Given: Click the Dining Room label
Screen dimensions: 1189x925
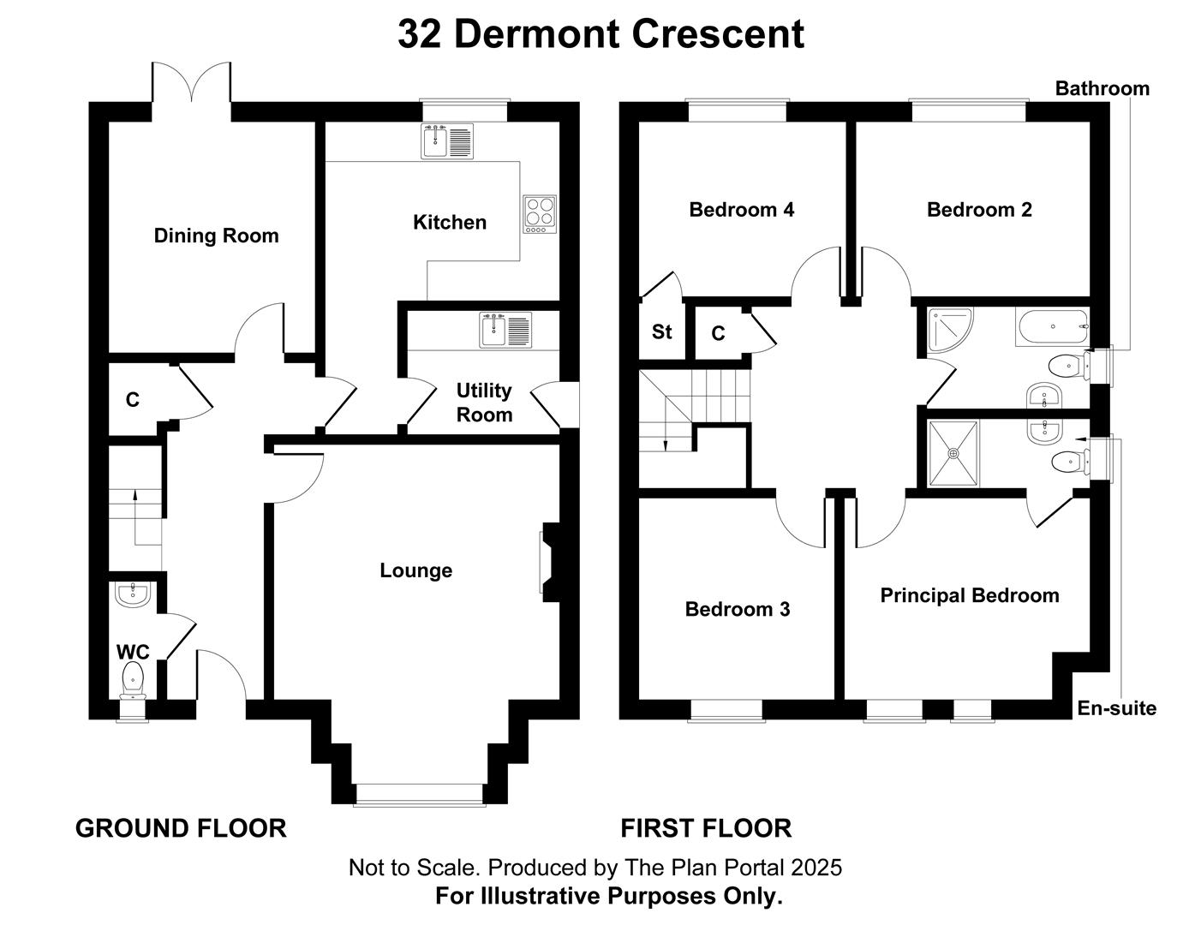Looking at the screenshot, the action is pyautogui.click(x=216, y=236).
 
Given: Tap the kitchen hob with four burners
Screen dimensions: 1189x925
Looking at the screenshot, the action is pyautogui.click(x=540, y=214).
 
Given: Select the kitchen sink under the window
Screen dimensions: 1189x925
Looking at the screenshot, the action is pyautogui.click(x=447, y=141).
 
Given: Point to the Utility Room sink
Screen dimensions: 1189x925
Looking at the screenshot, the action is pyautogui.click(x=505, y=330).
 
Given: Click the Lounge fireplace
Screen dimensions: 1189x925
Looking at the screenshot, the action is pyautogui.click(x=550, y=563).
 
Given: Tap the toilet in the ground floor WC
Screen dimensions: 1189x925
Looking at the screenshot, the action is pyautogui.click(x=133, y=680).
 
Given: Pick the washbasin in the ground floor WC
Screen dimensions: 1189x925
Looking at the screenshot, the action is pyautogui.click(x=133, y=594).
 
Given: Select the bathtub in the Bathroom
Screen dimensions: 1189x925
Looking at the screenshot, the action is pyautogui.click(x=1052, y=327).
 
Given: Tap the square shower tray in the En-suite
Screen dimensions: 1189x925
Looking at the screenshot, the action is pyautogui.click(x=953, y=453).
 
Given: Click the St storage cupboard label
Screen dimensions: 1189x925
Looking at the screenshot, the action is pyautogui.click(x=662, y=331).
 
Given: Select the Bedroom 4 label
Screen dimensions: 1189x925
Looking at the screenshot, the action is pyautogui.click(x=742, y=210).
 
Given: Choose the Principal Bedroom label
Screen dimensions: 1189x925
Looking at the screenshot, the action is pyautogui.click(x=970, y=595).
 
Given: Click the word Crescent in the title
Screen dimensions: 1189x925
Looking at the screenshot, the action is pyautogui.click(x=718, y=34).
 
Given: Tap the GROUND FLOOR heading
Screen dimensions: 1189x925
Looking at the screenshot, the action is pyautogui.click(x=181, y=828).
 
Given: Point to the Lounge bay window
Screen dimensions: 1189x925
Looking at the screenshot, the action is pyautogui.click(x=420, y=795).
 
